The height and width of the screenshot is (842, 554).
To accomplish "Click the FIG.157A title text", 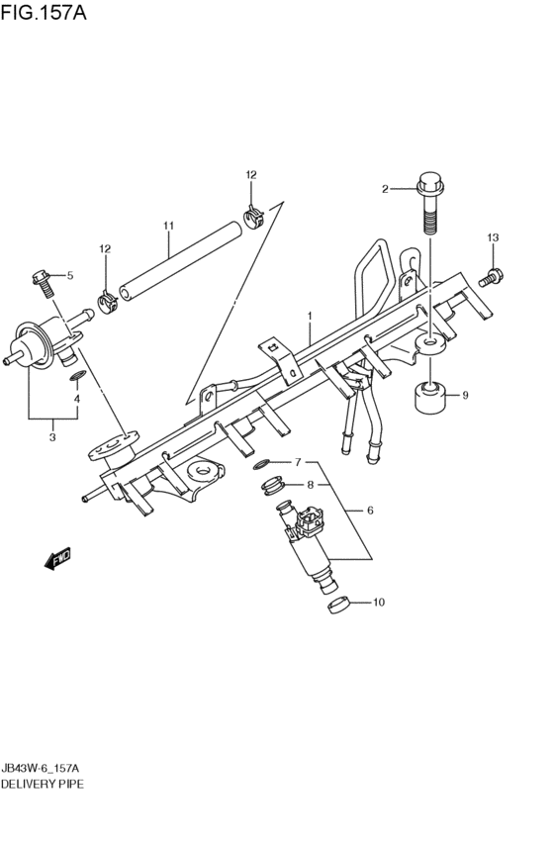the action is (44, 11).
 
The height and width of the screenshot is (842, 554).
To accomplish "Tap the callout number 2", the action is (385, 188).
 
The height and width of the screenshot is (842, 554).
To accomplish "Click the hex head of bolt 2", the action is (429, 183).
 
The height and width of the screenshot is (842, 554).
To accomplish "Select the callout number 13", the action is (493, 237).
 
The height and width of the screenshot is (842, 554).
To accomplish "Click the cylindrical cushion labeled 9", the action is (431, 398).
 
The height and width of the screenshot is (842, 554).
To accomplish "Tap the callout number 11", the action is (168, 226).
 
